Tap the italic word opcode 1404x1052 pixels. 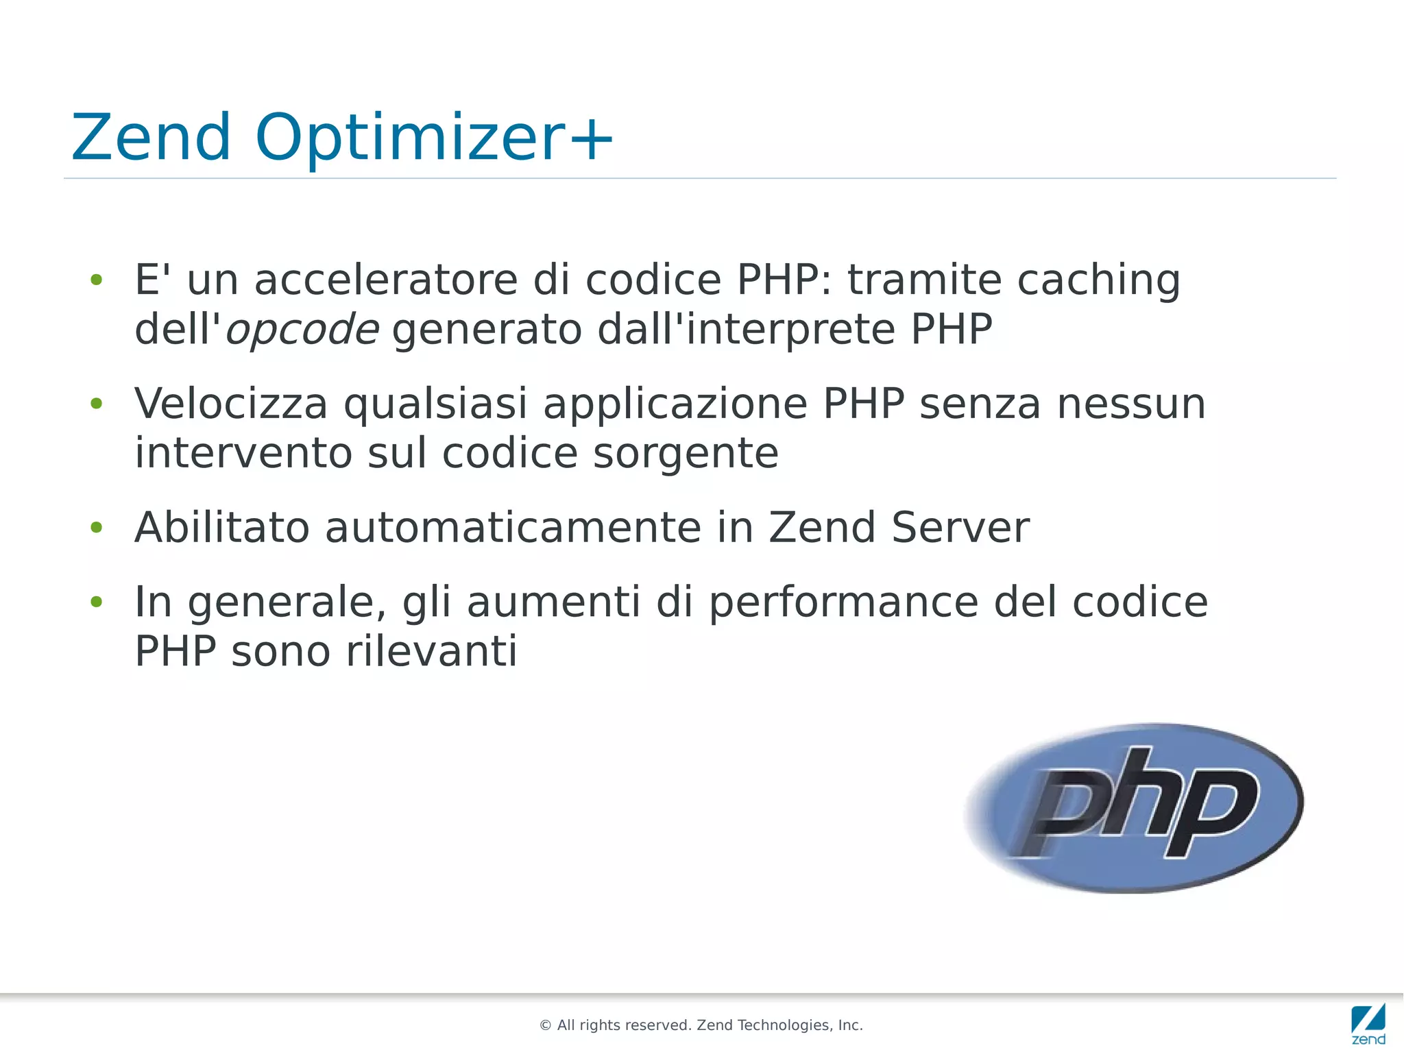point(302,330)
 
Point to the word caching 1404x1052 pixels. point(1098,281)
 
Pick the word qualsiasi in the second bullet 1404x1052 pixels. point(435,404)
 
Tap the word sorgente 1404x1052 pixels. point(686,454)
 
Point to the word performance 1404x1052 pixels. point(843,603)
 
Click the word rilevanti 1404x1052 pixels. point(431,651)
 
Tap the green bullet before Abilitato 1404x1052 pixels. point(97,528)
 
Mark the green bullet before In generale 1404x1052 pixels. point(97,602)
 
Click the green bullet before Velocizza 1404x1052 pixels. point(97,404)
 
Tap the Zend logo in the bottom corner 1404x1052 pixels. point(1368,1024)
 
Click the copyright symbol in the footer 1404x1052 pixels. point(546,1025)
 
